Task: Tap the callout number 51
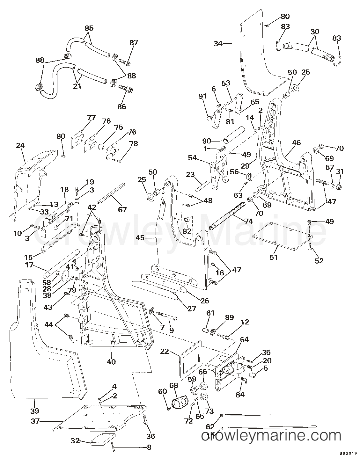pyautogui.click(x=274, y=257)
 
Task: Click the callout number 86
pyautogui.click(x=121, y=106)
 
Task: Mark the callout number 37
pyautogui.click(x=35, y=421)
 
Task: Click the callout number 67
pyautogui.click(x=122, y=209)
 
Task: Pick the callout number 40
pyautogui.click(x=111, y=362)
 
